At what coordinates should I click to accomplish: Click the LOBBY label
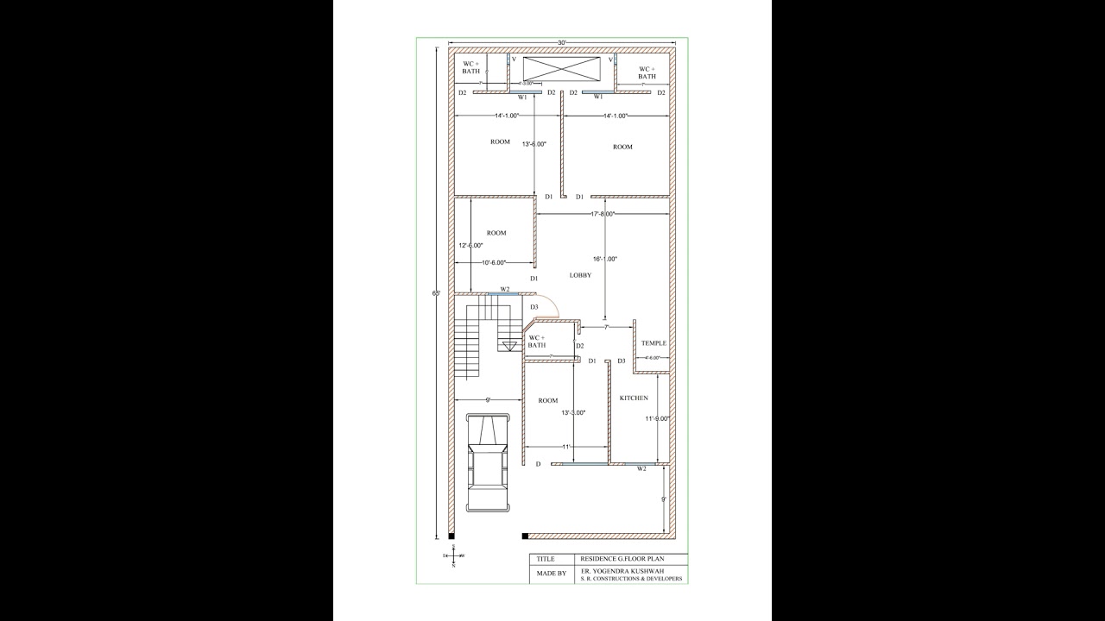pyautogui.click(x=580, y=275)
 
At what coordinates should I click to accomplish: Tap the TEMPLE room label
pyautogui.click(x=654, y=343)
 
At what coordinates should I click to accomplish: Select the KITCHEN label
pyautogui.click(x=634, y=398)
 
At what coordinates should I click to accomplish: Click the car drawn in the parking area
pyautogui.click(x=489, y=462)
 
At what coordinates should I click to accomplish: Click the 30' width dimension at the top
pyautogui.click(x=562, y=42)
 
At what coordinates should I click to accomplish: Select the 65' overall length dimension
pyautogui.click(x=437, y=293)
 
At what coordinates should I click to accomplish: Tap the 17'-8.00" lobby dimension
pyautogui.click(x=602, y=214)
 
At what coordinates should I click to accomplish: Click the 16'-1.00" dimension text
pyautogui.click(x=605, y=259)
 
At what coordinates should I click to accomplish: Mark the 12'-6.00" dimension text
pyautogui.click(x=470, y=245)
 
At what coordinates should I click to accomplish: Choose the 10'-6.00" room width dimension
pyautogui.click(x=494, y=262)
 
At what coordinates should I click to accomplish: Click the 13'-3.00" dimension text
pyautogui.click(x=573, y=412)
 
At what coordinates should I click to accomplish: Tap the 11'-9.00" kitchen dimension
pyautogui.click(x=658, y=418)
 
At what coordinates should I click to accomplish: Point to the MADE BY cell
pyautogui.click(x=552, y=574)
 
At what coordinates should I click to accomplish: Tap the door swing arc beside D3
pyautogui.click(x=550, y=307)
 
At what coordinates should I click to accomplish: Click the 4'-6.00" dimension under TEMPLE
pyautogui.click(x=652, y=357)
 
